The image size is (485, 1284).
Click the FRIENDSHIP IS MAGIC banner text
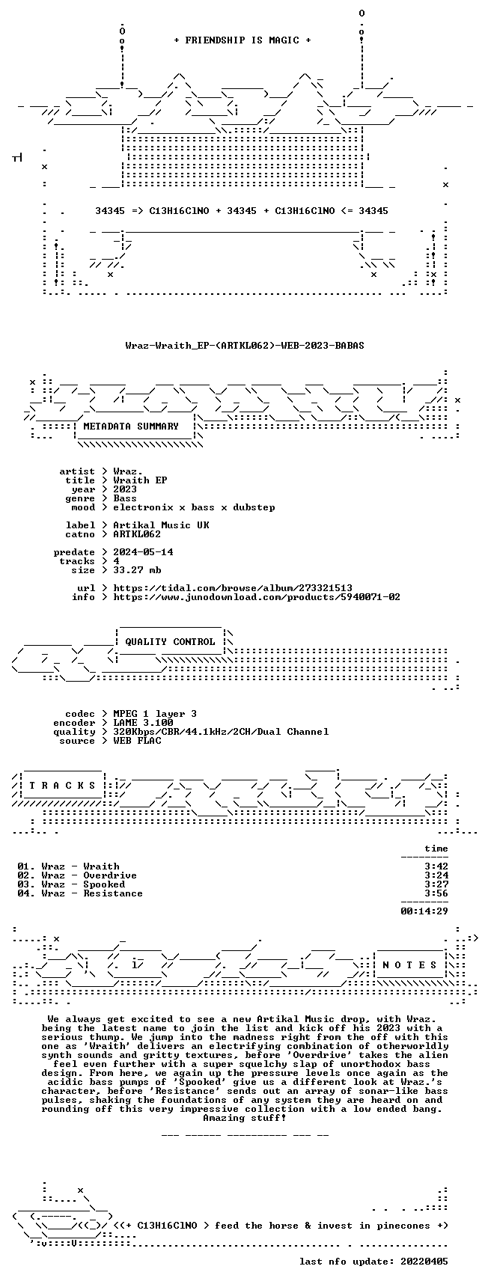coord(242,40)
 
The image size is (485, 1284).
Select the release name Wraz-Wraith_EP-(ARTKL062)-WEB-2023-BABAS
coord(245,346)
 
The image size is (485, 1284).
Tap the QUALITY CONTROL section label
coord(170,642)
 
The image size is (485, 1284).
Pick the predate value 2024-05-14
coord(143,552)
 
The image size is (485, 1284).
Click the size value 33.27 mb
coord(137,570)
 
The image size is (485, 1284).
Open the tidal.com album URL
coord(233,588)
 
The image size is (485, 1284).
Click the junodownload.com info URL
coord(257,597)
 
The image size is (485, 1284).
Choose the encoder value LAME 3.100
coord(143,723)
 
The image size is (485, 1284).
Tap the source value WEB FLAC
coord(137,741)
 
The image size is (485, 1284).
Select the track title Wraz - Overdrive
coord(89,875)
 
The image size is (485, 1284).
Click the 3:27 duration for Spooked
coord(436,884)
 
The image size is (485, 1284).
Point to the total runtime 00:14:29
coord(424,911)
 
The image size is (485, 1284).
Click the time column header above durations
coord(436,849)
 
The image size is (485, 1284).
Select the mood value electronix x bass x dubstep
coord(194,507)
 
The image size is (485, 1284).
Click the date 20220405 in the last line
coord(424,1262)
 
